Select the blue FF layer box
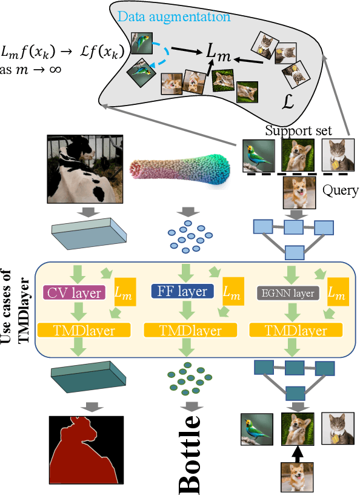pyautogui.click(x=182, y=292)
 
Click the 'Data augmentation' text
pyautogui.click(x=174, y=16)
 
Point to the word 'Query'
pyautogui.click(x=340, y=190)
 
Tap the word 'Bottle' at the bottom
pyautogui.click(x=190, y=453)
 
